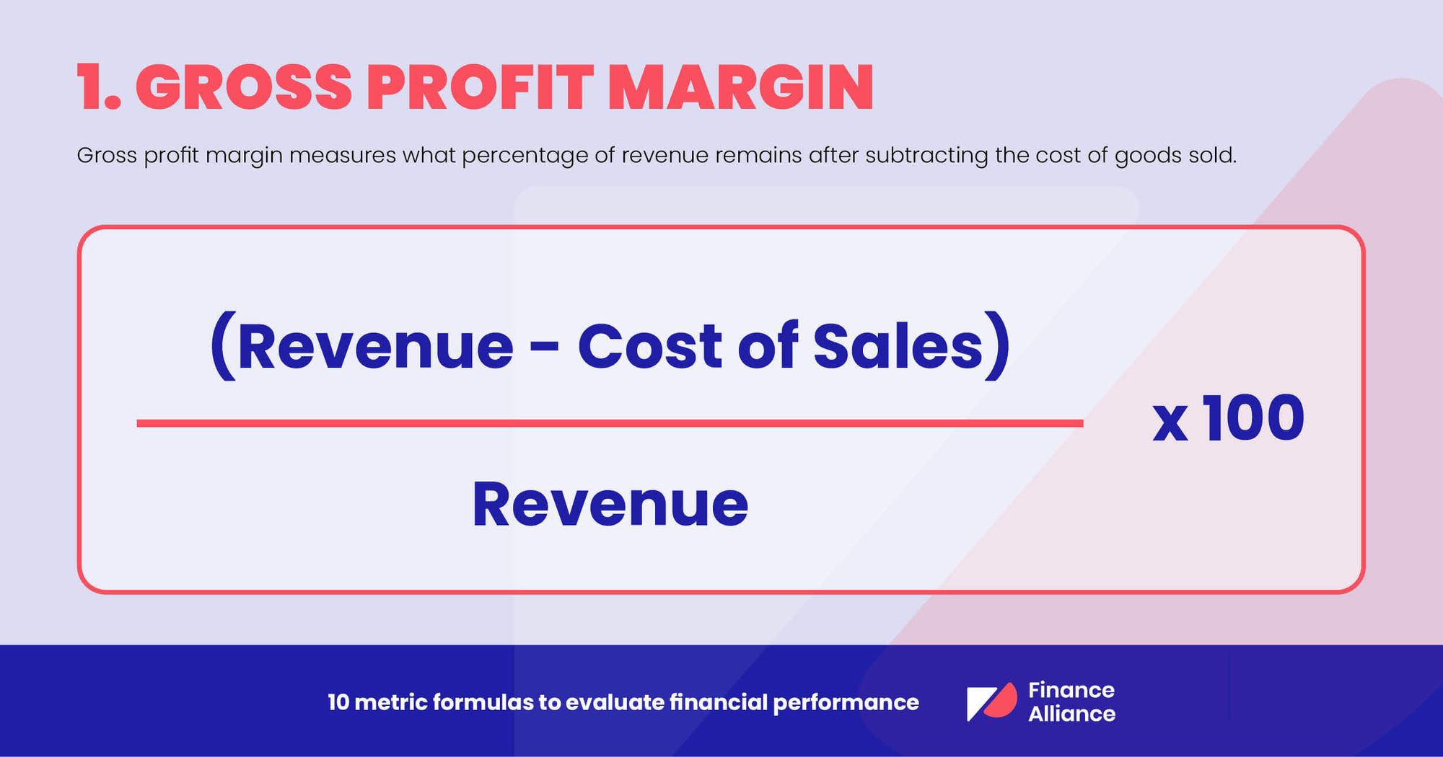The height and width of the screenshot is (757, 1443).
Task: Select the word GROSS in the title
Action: coord(243,88)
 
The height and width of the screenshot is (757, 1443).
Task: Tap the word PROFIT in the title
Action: coord(480,88)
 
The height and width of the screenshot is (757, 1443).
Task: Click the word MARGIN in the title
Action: coord(741,88)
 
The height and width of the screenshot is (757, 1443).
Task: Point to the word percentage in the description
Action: coord(525,156)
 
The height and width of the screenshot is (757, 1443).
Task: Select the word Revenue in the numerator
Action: coord(375,347)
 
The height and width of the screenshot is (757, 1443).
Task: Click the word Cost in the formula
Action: coord(650,347)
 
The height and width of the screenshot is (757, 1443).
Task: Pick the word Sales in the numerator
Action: coord(898,347)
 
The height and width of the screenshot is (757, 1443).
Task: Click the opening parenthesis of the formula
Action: coord(222,347)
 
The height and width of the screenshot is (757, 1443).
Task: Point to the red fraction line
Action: coord(610,423)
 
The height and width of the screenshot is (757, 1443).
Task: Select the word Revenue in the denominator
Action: coord(610,504)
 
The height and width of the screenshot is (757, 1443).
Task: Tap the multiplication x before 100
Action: coord(1170,423)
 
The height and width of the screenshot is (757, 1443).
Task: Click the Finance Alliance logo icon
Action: coord(991,702)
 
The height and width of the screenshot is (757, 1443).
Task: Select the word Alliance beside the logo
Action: coord(1071,714)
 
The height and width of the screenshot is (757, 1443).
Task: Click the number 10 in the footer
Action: coord(338,702)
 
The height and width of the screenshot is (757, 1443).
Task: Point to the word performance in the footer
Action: coord(846,703)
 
